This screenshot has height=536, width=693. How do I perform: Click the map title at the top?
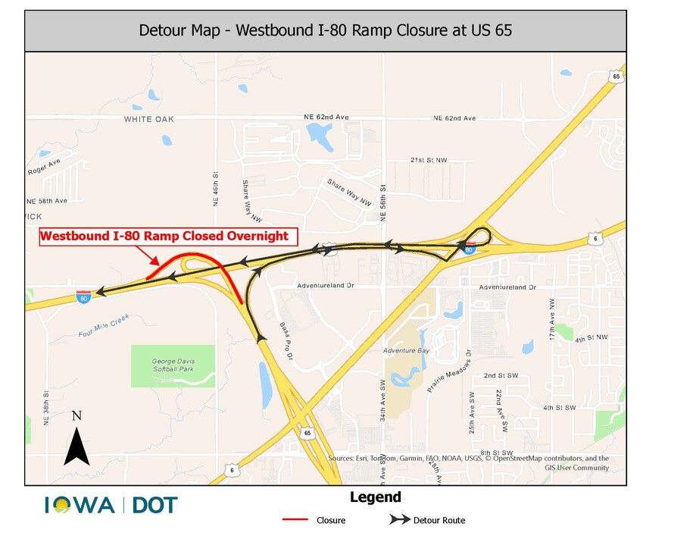tap(325, 31)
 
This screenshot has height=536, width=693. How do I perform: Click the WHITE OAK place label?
tap(149, 119)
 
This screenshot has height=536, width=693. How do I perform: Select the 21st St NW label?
tap(429, 161)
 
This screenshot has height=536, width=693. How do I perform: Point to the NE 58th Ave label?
tap(47, 201)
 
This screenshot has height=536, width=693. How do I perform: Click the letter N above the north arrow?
tap(76, 415)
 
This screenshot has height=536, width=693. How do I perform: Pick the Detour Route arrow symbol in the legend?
tap(399, 520)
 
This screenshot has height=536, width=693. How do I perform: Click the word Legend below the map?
tap(375, 497)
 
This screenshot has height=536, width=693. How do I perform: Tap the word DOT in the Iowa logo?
tap(155, 505)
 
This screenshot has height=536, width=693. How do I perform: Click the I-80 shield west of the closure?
tap(83, 297)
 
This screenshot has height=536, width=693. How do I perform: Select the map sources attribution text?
tap(469, 462)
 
